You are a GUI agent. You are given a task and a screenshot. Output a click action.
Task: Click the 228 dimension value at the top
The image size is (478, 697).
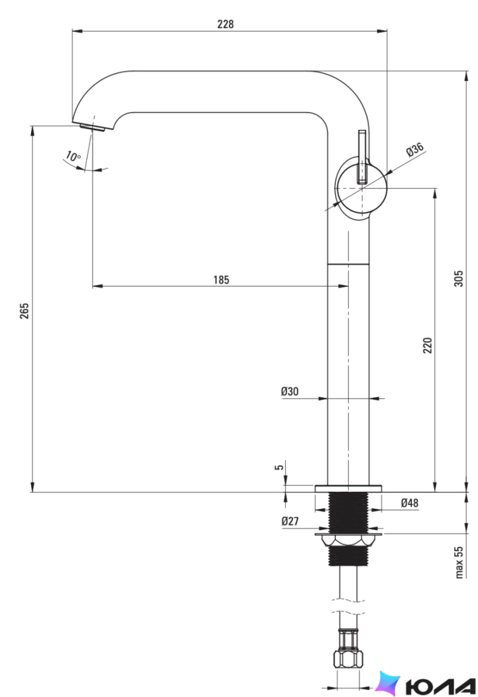tap(226, 24)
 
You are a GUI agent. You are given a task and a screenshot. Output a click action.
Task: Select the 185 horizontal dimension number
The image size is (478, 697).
tap(221, 280)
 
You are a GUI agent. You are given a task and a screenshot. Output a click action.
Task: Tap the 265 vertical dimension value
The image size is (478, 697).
tap(25, 310)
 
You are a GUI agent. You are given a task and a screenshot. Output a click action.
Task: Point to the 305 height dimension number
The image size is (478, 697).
tap(458, 278)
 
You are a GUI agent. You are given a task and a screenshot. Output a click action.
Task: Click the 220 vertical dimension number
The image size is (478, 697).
tap(427, 345)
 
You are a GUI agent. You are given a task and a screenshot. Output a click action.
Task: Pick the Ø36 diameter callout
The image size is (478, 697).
tap(415, 150)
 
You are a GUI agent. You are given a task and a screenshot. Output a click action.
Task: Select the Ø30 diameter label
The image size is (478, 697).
tap(290, 392)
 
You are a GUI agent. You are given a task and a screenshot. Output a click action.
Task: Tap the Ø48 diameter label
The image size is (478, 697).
tap(410, 502)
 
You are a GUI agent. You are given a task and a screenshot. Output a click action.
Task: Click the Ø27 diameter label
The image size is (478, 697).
tap(290, 521)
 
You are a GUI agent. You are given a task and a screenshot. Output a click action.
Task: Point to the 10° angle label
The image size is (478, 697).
tap(73, 157)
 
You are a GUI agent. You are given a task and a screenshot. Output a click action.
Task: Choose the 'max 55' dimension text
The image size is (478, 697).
tap(460, 562)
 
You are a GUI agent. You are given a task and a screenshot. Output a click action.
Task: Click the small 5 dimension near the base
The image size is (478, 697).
tap(279, 467)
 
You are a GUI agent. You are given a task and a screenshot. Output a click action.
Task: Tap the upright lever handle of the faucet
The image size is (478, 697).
tap(363, 157)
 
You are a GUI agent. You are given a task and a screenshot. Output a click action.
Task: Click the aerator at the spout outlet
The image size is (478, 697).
tap(93, 127)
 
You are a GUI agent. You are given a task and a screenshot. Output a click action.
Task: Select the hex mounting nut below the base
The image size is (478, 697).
tap(349, 540)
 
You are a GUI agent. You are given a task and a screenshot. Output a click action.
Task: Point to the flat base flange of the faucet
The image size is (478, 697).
tap(349, 488)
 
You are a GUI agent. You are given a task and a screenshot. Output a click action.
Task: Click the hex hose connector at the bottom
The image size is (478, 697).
tap(349, 658)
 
